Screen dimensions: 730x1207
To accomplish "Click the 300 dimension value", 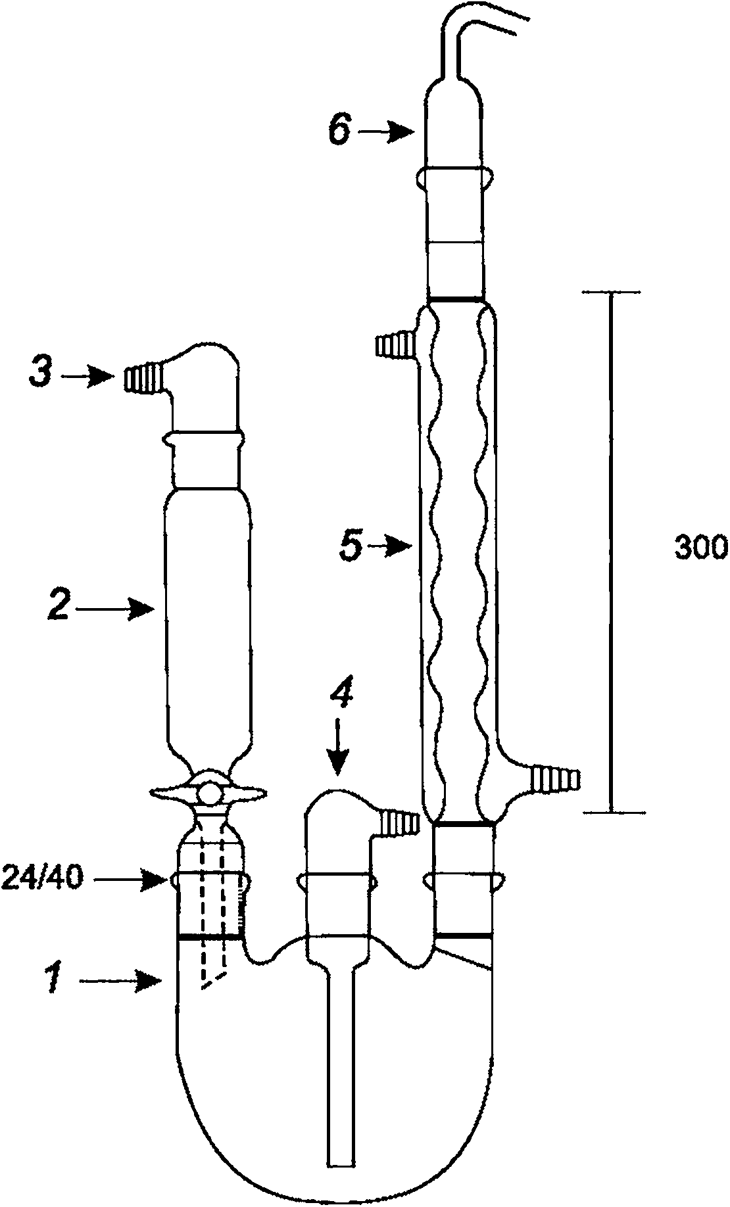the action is pyautogui.click(x=700, y=547).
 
